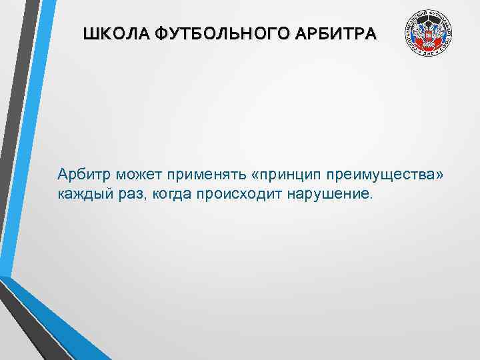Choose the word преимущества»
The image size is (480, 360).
(x=381, y=175)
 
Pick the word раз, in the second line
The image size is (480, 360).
(x=135, y=194)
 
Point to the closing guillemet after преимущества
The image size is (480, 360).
(x=438, y=175)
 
